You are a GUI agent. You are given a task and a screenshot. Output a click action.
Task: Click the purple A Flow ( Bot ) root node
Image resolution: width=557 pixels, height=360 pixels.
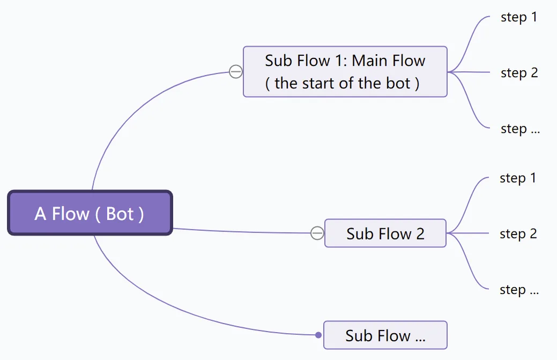(x=90, y=213)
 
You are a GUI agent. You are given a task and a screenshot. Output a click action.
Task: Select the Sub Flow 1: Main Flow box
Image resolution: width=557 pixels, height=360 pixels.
(x=345, y=72)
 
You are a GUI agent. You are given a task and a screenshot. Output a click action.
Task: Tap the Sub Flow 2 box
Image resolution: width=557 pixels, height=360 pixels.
(x=385, y=233)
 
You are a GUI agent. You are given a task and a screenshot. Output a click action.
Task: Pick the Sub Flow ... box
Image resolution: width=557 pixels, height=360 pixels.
(x=385, y=335)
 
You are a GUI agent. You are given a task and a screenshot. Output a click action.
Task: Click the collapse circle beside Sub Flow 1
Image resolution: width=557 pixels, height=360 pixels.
(x=236, y=72)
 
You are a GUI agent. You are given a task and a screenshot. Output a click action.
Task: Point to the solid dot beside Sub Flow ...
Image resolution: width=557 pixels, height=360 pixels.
(x=318, y=335)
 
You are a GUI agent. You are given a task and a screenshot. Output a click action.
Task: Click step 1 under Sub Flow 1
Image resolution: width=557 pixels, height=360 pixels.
(x=518, y=17)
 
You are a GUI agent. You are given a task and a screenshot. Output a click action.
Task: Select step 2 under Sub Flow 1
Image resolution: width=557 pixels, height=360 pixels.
(x=519, y=73)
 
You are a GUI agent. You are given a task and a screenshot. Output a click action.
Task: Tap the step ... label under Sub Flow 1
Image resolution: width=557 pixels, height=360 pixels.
(x=520, y=129)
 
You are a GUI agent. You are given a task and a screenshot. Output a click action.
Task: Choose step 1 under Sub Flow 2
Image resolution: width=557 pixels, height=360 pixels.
(x=517, y=178)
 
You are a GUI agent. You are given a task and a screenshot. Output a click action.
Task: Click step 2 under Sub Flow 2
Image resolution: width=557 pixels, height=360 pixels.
(x=518, y=234)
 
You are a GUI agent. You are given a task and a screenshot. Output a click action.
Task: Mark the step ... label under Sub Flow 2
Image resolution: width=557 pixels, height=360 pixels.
(x=519, y=290)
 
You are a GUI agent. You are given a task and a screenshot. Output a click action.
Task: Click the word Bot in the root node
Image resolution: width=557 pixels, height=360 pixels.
(x=120, y=214)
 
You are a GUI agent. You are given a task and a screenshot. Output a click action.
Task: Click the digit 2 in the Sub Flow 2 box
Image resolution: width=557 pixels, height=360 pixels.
(x=420, y=234)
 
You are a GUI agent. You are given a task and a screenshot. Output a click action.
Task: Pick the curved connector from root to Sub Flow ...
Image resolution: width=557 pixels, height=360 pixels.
(x=177, y=305)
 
